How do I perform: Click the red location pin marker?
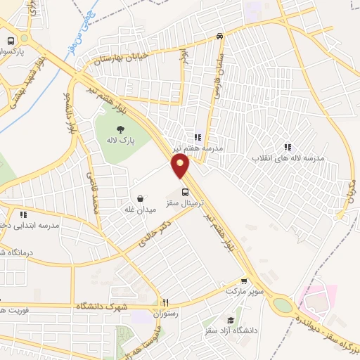(181, 166)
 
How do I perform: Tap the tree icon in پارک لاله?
(120, 129)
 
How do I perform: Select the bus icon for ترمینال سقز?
(185, 191)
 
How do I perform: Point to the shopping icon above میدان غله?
(143, 179)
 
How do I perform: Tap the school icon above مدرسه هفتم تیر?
(198, 137)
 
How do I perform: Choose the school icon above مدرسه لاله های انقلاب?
(288, 147)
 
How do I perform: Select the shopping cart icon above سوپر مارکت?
(244, 280)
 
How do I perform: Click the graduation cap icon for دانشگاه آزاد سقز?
(250, 320)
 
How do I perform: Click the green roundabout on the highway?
(283, 305)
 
